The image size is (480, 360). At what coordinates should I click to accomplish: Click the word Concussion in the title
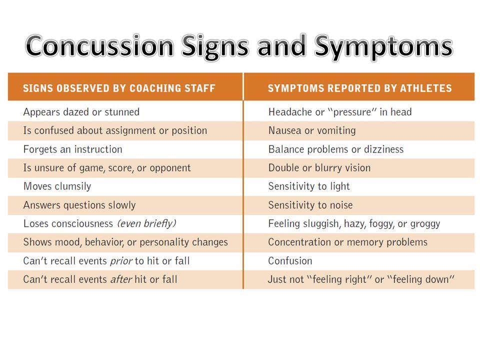pyautogui.click(x=100, y=46)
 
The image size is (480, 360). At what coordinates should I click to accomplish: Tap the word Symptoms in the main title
pyautogui.click(x=383, y=48)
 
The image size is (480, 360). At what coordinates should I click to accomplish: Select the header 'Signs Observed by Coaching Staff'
pyautogui.click(x=119, y=88)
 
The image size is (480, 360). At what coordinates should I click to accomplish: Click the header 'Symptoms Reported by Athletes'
pyautogui.click(x=359, y=88)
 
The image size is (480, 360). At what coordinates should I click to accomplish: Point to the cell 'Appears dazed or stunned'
pyautogui.click(x=81, y=112)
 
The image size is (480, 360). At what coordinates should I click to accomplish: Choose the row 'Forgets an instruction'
pyautogui.click(x=73, y=149)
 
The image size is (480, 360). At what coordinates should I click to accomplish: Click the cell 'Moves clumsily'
pyautogui.click(x=57, y=186)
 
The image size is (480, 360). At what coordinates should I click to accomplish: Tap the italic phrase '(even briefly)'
pyautogui.click(x=146, y=224)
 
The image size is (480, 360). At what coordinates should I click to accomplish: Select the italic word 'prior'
pyautogui.click(x=121, y=261)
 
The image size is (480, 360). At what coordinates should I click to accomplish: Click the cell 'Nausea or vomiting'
pyautogui.click(x=312, y=130)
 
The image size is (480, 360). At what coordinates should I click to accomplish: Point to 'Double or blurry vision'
pyautogui.click(x=319, y=168)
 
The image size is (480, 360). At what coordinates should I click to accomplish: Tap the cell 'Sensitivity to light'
pyautogui.click(x=309, y=186)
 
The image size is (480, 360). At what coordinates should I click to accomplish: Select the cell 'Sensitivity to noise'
pyautogui.click(x=310, y=205)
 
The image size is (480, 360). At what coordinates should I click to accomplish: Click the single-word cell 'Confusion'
pyautogui.click(x=290, y=261)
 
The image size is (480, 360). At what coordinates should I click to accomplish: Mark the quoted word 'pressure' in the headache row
pyautogui.click(x=352, y=112)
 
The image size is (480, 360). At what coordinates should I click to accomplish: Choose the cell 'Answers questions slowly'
pyautogui.click(x=79, y=205)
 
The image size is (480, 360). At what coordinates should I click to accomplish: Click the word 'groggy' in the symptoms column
pyautogui.click(x=425, y=224)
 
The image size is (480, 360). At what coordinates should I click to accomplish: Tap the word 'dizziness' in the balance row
pyautogui.click(x=383, y=149)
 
